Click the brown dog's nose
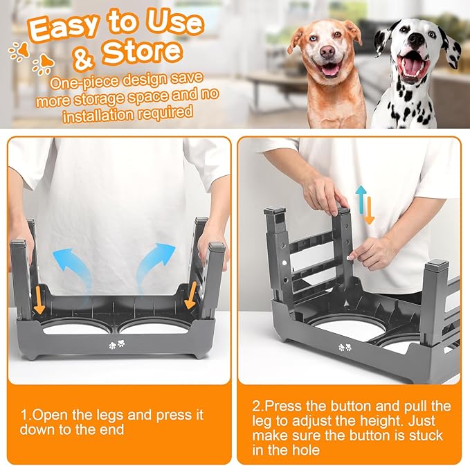329,57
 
